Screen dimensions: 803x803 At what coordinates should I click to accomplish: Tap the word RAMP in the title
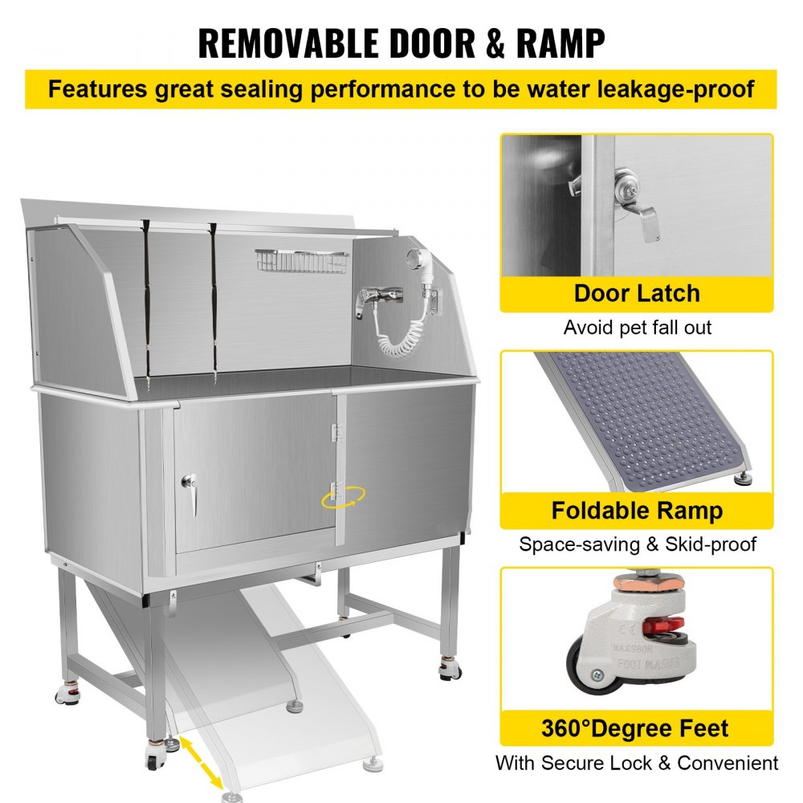coord(560,43)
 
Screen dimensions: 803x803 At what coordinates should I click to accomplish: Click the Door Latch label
coord(637,293)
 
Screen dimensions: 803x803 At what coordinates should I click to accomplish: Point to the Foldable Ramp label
coord(637,511)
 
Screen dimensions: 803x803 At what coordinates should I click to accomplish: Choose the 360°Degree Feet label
coord(635,728)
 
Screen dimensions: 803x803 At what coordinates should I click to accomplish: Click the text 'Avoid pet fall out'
coord(638,328)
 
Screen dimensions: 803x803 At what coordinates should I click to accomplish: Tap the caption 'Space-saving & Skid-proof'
coord(638,544)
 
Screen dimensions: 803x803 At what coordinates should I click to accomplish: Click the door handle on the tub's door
coord(190,494)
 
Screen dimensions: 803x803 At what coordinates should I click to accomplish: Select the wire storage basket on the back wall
coord(302,261)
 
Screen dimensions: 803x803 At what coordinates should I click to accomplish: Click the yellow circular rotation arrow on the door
coord(344,497)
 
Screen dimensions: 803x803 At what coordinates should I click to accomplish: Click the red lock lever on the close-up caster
coord(664,626)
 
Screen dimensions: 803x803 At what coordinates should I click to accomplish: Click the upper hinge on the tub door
coord(336,432)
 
